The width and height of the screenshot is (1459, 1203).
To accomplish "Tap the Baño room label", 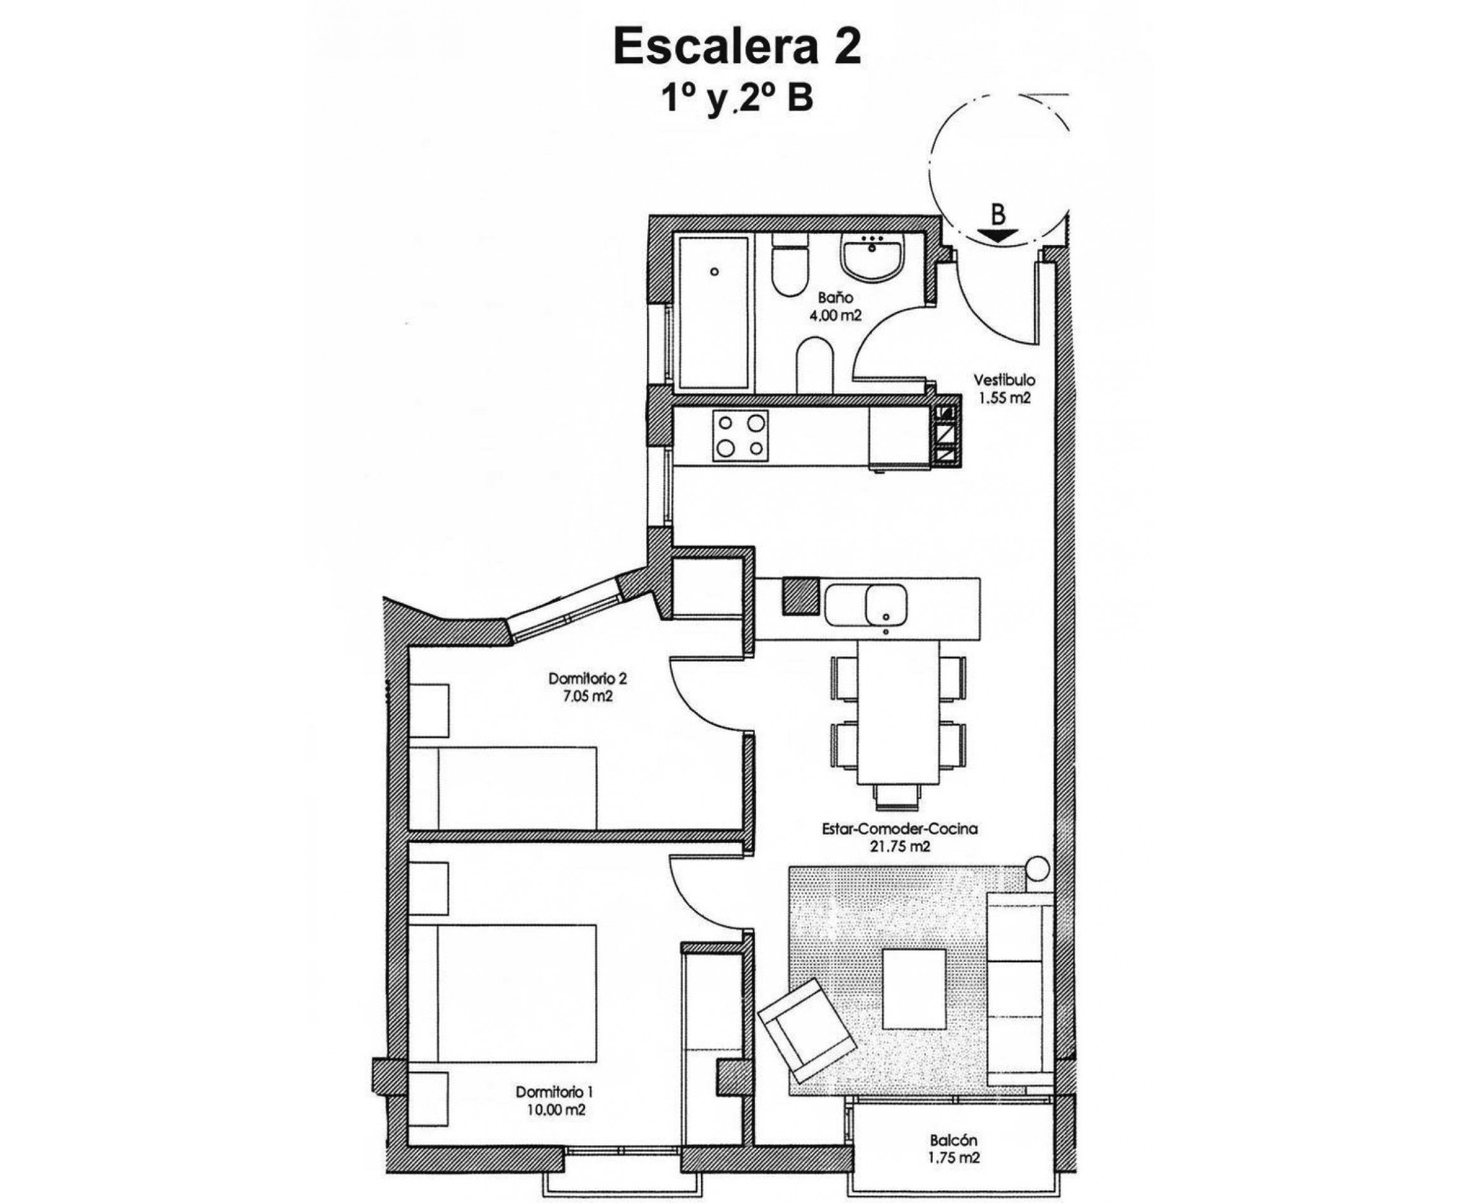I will [835, 298].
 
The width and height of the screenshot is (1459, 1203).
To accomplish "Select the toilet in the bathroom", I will [791, 266].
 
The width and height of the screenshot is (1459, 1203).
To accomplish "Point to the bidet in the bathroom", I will [818, 365].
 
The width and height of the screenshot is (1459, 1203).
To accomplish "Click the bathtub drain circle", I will [714, 272].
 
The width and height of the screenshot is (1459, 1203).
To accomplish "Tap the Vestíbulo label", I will [1004, 380].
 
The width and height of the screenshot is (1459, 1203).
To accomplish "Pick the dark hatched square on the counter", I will [800, 596].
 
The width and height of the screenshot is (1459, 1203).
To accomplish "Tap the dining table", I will [899, 712].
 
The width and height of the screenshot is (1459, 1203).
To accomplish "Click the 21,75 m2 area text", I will [899, 846].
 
